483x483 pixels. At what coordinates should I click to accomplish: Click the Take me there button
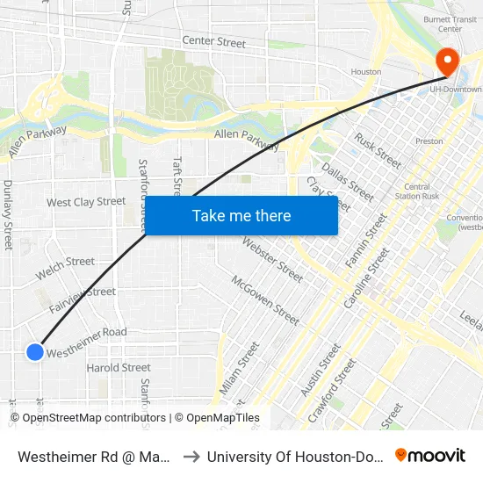(241, 216)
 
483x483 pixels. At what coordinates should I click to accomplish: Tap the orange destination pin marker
(447, 61)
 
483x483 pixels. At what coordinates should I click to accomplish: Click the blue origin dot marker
(34, 352)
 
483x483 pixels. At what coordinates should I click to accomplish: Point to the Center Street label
(213, 41)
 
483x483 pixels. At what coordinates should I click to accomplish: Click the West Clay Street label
(86, 202)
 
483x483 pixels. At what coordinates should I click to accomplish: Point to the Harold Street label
(119, 368)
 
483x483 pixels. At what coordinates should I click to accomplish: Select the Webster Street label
(276, 260)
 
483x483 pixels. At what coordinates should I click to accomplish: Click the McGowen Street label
(265, 299)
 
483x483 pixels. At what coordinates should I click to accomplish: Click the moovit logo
(430, 455)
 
